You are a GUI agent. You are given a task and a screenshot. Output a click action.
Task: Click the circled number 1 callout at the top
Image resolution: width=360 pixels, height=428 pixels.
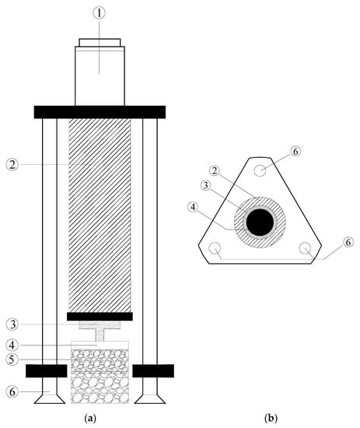click(x=100, y=12)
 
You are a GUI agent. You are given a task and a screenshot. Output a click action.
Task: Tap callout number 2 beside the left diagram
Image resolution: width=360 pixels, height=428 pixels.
click(x=12, y=165)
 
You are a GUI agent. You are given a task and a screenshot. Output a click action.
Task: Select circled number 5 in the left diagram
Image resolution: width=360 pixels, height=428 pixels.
click(x=12, y=360)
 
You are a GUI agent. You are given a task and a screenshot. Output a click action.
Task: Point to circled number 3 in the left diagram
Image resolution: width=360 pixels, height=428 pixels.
click(x=12, y=325)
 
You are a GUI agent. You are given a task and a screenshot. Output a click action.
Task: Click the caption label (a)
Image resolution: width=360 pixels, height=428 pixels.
click(x=90, y=418)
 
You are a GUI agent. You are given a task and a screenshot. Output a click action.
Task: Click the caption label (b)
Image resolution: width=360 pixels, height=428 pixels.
click(x=271, y=418)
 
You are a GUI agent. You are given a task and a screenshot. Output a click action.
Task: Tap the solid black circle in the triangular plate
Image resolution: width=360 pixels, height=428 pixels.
click(x=260, y=223)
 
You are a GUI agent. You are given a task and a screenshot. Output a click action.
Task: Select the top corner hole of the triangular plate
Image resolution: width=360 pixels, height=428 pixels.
click(x=260, y=171)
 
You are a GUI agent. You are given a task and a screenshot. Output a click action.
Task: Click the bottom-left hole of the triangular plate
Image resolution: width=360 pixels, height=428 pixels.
click(x=215, y=248)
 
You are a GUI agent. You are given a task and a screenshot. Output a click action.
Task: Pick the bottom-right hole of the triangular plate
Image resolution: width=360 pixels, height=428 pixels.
click(x=305, y=248)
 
